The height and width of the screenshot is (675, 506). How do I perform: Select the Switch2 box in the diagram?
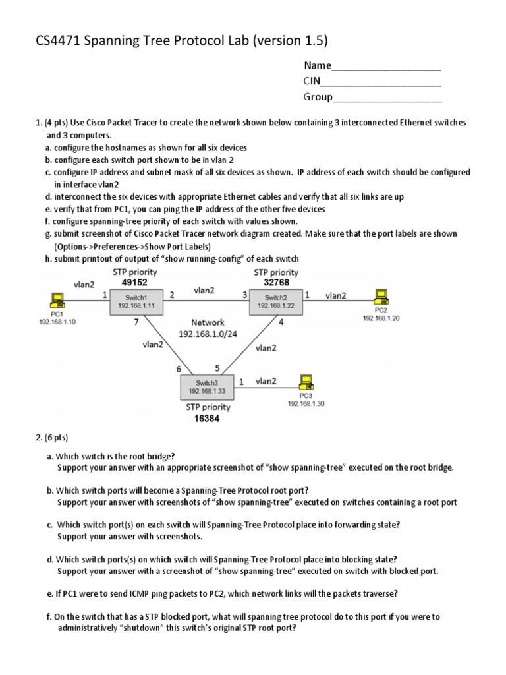coord(274,301)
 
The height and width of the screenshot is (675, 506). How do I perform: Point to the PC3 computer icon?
coord(305,382)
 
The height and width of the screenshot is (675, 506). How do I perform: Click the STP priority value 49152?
coord(134,282)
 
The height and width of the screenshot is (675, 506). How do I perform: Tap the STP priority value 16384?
coord(207,418)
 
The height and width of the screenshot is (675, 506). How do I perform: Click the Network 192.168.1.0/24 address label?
coord(208,334)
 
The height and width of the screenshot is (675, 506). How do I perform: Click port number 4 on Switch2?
coord(281,322)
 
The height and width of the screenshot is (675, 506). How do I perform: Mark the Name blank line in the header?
coord(386,66)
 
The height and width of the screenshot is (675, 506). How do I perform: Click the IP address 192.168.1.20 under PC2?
coord(381,318)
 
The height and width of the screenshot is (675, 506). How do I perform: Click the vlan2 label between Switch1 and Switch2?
coord(207,289)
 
